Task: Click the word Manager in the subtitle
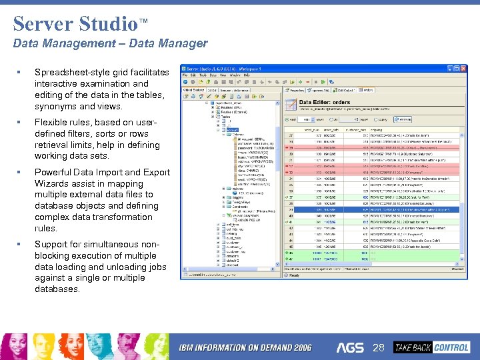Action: point(183,44)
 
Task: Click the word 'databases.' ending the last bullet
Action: point(57,289)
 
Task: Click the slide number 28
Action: point(379,347)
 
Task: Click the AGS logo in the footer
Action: point(350,347)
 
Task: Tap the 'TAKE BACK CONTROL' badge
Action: point(431,347)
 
